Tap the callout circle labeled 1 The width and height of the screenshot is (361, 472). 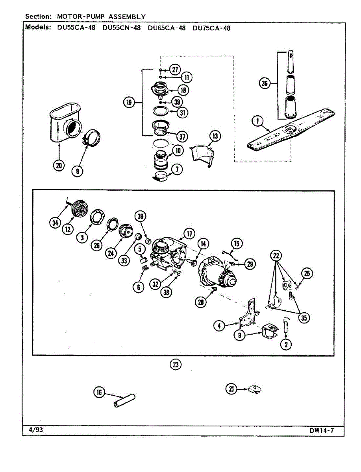click(258, 122)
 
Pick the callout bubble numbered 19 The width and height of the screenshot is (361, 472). click(128, 103)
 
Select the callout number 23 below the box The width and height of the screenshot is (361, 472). click(176, 365)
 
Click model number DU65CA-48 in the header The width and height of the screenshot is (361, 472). click(167, 28)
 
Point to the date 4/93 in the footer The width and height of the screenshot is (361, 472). click(36, 430)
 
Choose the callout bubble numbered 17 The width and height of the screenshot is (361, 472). click(189, 234)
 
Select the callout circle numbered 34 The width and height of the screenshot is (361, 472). click(55, 223)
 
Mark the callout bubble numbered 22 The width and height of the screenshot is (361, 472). click(276, 256)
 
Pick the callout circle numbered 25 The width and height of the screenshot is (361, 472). click(307, 273)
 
